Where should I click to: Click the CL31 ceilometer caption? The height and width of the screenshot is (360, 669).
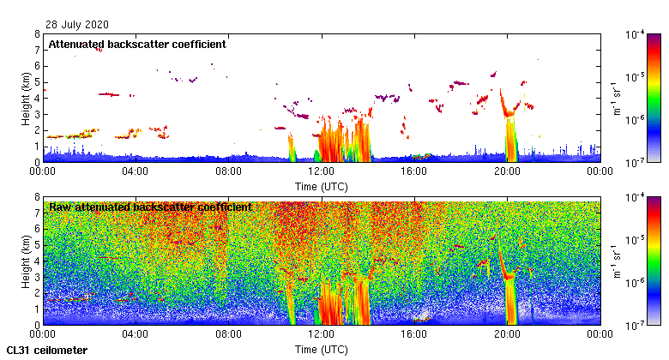47,351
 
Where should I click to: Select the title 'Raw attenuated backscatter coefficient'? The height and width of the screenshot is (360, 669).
150,207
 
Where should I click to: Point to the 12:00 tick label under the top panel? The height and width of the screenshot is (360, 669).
321,171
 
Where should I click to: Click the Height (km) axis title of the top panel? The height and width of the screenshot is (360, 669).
26,98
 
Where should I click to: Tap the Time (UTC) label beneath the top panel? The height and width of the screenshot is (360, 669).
321,186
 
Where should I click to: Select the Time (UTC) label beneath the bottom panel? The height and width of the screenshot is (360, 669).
321,349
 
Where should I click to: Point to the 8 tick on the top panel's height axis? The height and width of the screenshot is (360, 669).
37,35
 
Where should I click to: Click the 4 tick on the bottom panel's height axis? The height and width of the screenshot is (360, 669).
37,261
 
